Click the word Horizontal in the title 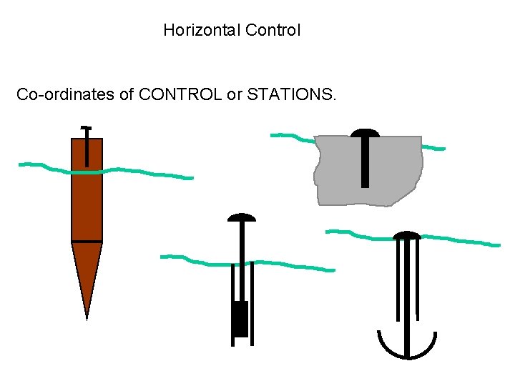[x=201, y=30]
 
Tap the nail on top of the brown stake [x=87, y=143]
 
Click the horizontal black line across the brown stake [x=87, y=242]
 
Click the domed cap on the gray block [x=365, y=133]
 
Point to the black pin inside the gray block [x=365, y=164]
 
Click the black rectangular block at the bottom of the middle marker [x=240, y=319]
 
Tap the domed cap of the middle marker [x=241, y=217]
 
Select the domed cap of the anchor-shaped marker [x=407, y=235]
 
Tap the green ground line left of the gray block [x=290, y=136]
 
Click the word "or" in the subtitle [x=234, y=94]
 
